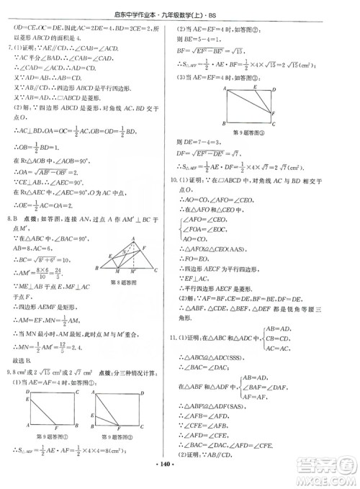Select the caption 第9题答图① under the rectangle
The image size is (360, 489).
coord(53,436)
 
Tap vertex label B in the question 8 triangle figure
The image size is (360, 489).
coord(98,287)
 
